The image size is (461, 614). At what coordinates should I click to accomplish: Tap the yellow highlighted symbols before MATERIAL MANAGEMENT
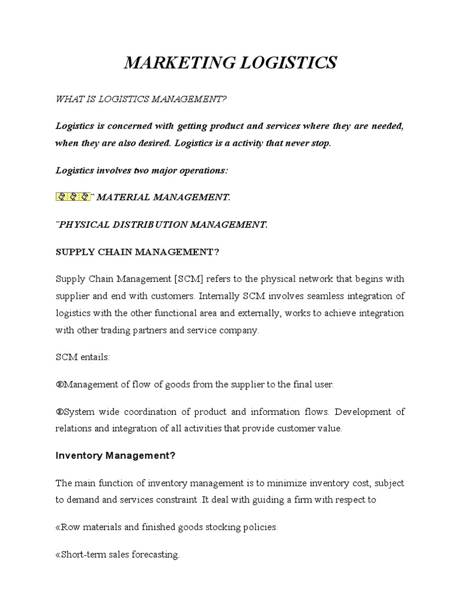73,197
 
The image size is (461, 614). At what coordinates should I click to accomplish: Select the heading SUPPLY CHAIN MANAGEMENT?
137,252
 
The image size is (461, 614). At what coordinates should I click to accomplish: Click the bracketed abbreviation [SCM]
181,279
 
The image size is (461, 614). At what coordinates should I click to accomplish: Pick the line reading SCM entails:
83,357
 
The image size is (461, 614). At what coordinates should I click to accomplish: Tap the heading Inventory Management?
115,456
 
